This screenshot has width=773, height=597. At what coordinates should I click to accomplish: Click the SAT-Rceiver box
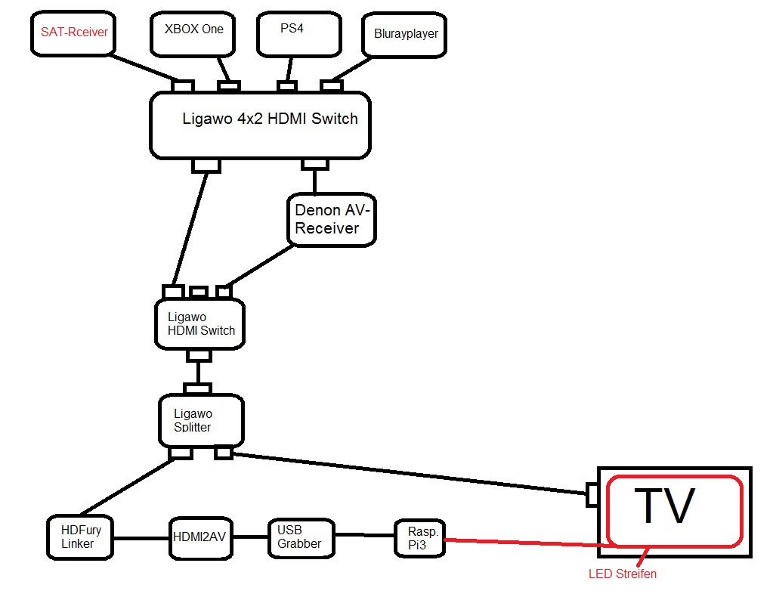(74, 33)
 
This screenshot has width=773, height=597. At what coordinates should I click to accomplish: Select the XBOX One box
(193, 33)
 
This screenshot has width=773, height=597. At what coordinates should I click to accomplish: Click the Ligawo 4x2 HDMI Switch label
(270, 119)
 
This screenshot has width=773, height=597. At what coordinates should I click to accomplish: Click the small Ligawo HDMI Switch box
(200, 324)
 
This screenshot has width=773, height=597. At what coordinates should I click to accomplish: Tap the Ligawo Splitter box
(201, 420)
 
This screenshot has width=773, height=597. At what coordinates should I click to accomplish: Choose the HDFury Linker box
(81, 537)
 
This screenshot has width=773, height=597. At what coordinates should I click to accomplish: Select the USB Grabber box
(301, 537)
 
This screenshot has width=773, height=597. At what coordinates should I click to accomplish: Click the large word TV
(663, 506)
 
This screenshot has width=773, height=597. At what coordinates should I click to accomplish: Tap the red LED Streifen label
(623, 574)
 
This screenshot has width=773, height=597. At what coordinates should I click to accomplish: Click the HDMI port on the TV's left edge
(593, 495)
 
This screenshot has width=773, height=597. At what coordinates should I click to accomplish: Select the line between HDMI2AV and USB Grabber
(251, 537)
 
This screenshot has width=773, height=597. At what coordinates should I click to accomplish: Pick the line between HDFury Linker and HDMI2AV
(142, 538)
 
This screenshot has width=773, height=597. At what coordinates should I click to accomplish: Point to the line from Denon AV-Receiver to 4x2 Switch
(315, 181)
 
